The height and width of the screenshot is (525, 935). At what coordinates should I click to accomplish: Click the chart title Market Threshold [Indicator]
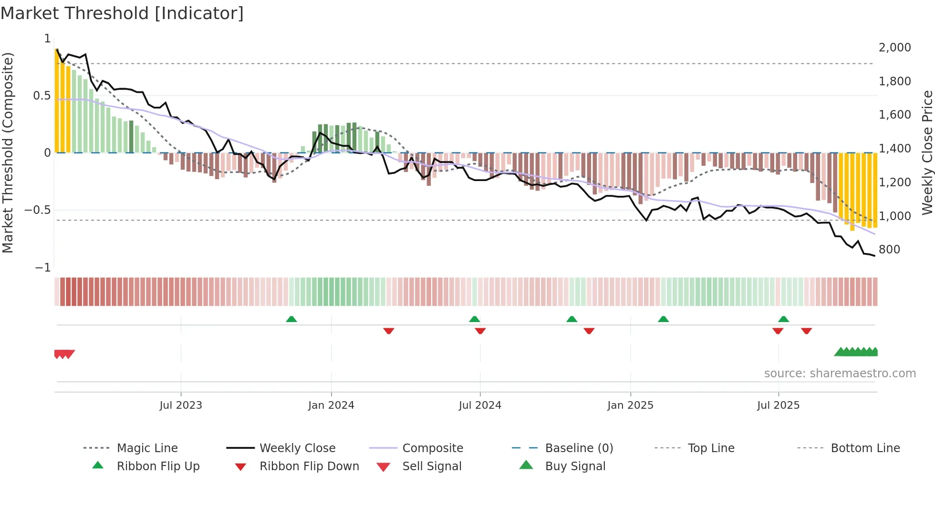point(122,13)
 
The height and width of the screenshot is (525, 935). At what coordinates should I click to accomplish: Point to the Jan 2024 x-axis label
point(331,405)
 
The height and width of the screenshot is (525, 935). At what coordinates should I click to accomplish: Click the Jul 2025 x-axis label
point(778,405)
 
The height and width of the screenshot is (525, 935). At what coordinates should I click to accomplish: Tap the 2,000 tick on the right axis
point(894,48)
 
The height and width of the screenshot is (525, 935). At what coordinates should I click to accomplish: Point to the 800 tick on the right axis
point(889,250)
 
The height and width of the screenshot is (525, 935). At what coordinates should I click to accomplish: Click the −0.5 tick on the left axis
point(38,210)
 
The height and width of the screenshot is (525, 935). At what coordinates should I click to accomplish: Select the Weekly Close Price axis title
point(927,152)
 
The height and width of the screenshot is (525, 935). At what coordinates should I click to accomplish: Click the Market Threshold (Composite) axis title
point(8,152)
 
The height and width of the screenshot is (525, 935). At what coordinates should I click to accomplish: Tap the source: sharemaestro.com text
point(840,374)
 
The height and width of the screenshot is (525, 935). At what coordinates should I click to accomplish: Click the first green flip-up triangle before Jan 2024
point(291,319)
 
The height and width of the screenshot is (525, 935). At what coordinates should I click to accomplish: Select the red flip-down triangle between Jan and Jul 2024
point(389,331)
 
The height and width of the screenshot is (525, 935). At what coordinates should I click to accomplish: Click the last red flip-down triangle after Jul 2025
point(807,331)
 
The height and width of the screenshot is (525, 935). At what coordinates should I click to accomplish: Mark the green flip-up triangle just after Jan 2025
point(663,319)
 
